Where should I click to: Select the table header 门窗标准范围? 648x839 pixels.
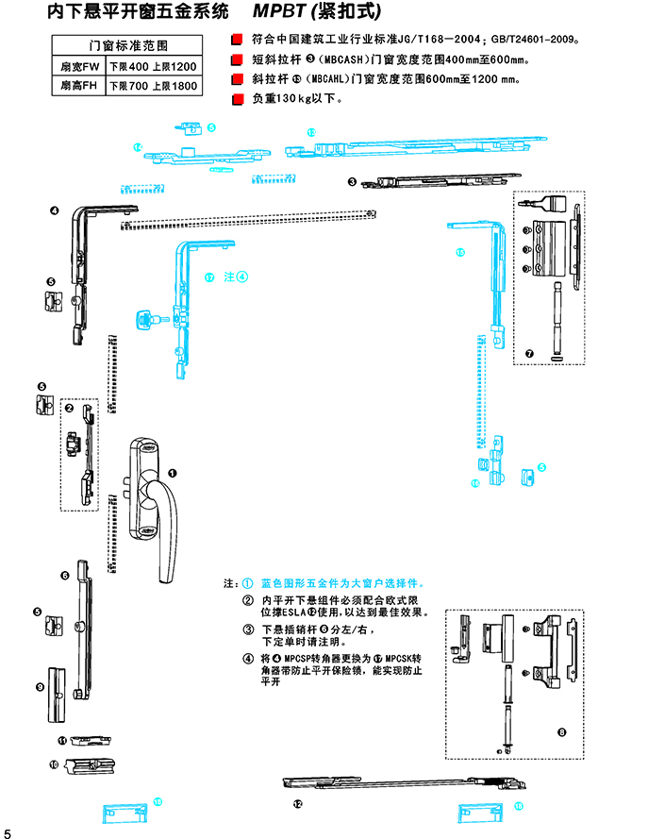[127, 45]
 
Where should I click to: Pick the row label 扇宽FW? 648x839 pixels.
[79, 67]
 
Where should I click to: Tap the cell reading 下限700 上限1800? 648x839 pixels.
[153, 86]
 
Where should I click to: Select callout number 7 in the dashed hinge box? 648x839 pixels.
[529, 354]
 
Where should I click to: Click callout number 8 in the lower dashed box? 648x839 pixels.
[562, 731]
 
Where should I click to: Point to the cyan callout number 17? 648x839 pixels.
[209, 277]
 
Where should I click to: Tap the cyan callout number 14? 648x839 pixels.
[137, 147]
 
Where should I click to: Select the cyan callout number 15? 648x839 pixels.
[460, 252]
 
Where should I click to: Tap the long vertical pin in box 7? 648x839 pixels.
[557, 316]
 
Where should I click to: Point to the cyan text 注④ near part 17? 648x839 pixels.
[236, 277]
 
